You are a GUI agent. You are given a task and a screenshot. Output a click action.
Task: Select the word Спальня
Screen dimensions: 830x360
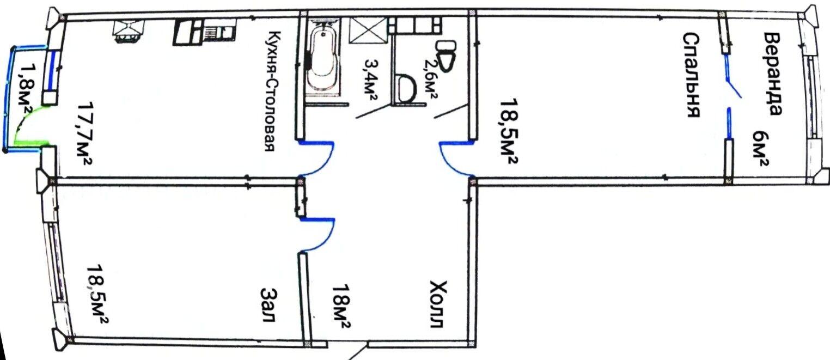point(691,75)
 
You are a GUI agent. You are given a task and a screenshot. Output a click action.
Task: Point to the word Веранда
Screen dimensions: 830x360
point(773,74)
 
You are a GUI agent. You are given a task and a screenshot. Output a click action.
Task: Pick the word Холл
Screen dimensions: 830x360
point(438,304)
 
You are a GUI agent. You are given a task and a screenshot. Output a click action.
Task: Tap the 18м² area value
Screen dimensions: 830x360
point(341,306)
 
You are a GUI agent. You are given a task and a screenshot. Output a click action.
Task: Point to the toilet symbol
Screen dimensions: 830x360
point(445,56)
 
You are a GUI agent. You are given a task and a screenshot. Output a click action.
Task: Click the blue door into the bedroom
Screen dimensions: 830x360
point(456,158)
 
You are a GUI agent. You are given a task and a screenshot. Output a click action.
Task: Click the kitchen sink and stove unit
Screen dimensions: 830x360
point(205,32)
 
